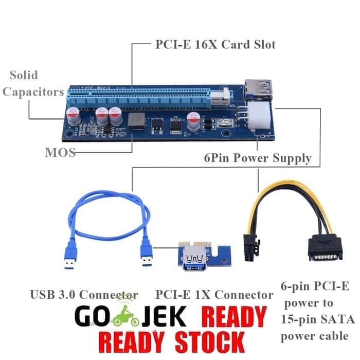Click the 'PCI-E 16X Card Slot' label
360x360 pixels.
tap(215, 45)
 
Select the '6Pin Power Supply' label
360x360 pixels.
tap(257, 158)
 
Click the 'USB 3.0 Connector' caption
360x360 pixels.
tap(84, 295)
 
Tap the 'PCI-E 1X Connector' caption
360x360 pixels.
tap(214, 295)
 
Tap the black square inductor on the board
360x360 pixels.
tap(136, 121)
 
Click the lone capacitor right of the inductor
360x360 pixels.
tap(194, 121)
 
